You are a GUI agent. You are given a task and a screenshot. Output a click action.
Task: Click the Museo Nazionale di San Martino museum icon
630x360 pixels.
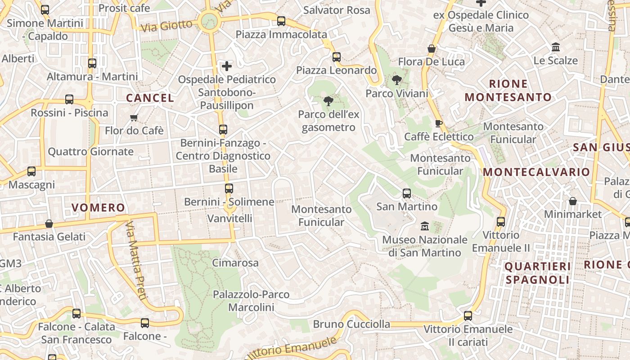[424, 226]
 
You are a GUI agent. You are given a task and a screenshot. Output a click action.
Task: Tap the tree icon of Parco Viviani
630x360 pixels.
[396, 80]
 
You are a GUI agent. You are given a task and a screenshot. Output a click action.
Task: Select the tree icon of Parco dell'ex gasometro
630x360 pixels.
[328, 101]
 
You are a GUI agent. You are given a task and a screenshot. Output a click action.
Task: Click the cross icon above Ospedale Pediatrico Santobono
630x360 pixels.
[227, 66]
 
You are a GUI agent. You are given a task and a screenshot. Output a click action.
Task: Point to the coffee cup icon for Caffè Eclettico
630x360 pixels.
[439, 123]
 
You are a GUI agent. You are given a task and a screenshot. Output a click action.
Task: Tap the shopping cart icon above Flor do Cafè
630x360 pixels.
[134, 118]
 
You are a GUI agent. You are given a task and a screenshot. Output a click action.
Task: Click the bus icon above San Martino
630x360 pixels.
[407, 193]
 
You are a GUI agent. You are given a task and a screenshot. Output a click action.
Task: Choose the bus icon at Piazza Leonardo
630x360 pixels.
[337, 57]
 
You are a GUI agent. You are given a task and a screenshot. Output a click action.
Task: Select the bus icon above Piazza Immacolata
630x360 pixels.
[281, 21]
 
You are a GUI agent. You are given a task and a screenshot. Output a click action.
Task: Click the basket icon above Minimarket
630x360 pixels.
[573, 201]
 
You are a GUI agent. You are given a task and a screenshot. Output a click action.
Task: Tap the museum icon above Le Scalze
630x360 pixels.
[556, 47]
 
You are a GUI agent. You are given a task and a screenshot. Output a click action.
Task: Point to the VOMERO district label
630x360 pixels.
[98, 207]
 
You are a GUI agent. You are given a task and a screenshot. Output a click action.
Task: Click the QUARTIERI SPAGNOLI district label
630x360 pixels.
[537, 273]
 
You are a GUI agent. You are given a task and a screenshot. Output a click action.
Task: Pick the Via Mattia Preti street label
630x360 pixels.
[136, 261]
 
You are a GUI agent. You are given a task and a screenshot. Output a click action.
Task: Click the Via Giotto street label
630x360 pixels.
[166, 25]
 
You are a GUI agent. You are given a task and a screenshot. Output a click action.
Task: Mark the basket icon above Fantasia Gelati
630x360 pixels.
[49, 224]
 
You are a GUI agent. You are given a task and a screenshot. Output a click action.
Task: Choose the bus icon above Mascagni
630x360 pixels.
[31, 171]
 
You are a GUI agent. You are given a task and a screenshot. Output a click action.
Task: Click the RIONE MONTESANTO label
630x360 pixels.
[508, 90]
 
